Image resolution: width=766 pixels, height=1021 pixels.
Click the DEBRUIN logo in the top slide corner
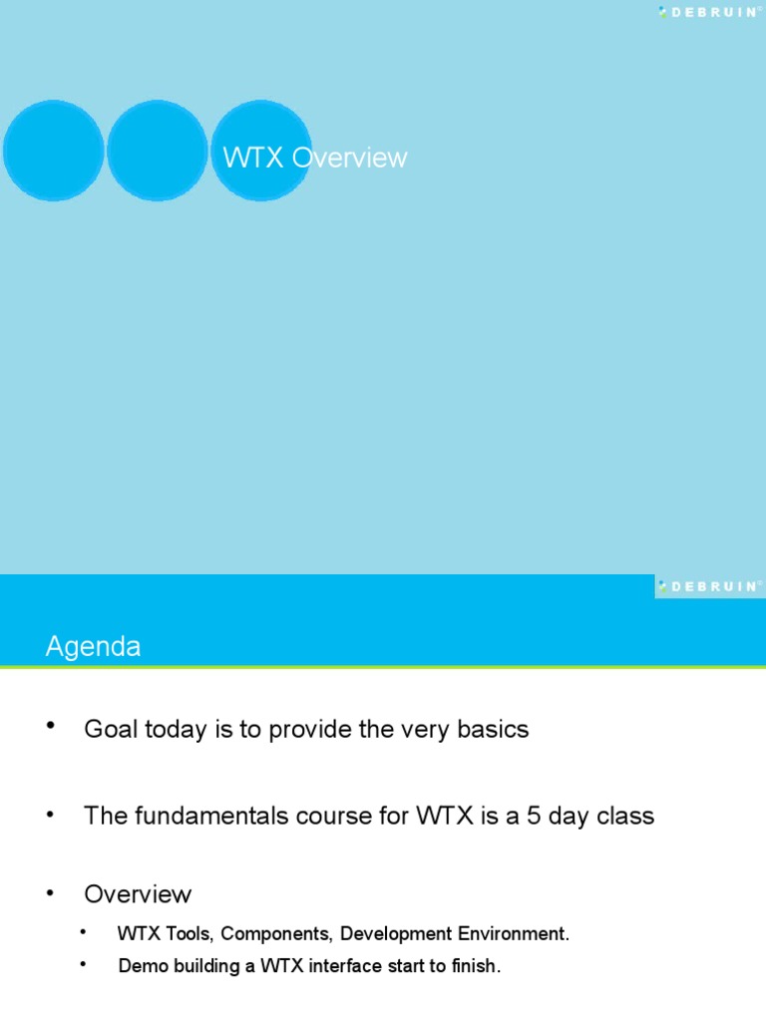707,12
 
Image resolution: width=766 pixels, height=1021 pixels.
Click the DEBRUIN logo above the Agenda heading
707,586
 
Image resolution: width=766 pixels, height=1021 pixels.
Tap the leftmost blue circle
54,152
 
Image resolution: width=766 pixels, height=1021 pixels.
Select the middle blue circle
157,152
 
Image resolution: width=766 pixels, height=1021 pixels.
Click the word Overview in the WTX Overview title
349,158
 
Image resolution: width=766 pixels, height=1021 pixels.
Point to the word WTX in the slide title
253,158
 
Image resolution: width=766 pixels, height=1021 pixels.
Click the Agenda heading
93,647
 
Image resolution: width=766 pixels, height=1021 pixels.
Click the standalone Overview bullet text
138,893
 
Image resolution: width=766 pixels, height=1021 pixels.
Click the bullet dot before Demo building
84,963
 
